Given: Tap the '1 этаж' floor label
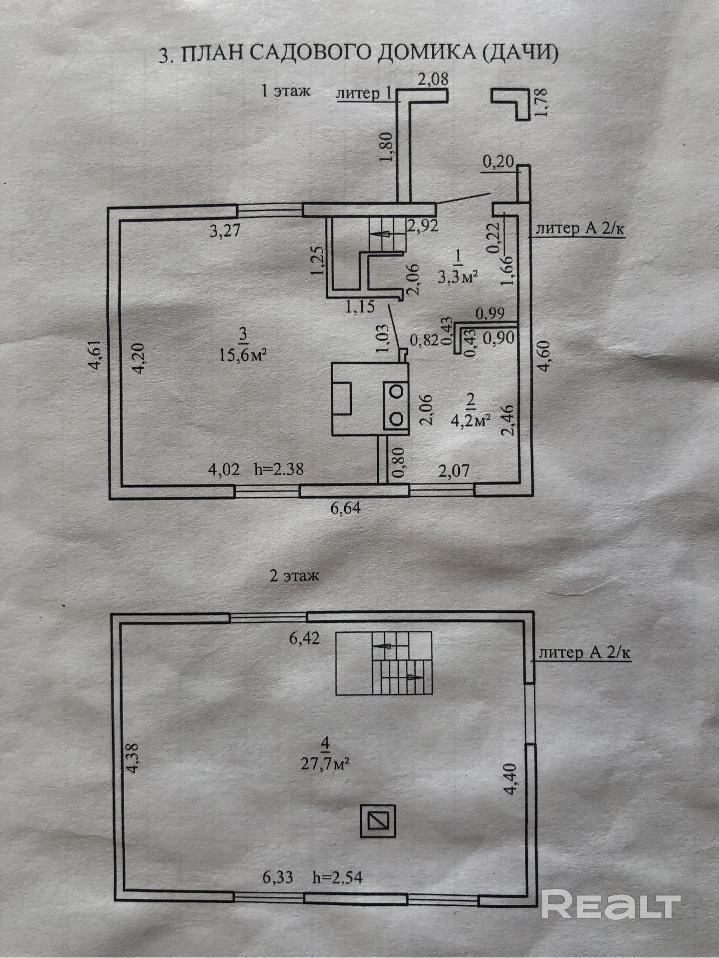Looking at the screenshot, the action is coord(286,90).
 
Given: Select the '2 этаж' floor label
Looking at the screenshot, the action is coord(294,575).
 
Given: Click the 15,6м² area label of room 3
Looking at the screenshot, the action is coord(243,355).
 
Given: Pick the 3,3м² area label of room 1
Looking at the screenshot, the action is coord(458,276).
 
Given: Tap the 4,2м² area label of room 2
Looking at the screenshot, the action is coord(470,420).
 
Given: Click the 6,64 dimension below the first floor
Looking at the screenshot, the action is coord(346,508).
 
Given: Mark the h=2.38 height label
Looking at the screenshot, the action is coord(278,468).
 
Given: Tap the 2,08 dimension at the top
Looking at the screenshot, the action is coord(433,79).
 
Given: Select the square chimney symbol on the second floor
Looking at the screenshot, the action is coord(378,821).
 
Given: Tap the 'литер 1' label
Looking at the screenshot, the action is coord(364,93).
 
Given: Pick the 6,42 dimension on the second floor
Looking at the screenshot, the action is coord(304,638).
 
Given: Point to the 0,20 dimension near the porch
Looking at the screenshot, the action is coord(498,162).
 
